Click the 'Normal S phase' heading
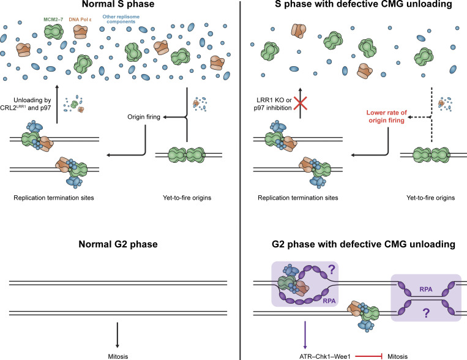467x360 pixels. [117, 7]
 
